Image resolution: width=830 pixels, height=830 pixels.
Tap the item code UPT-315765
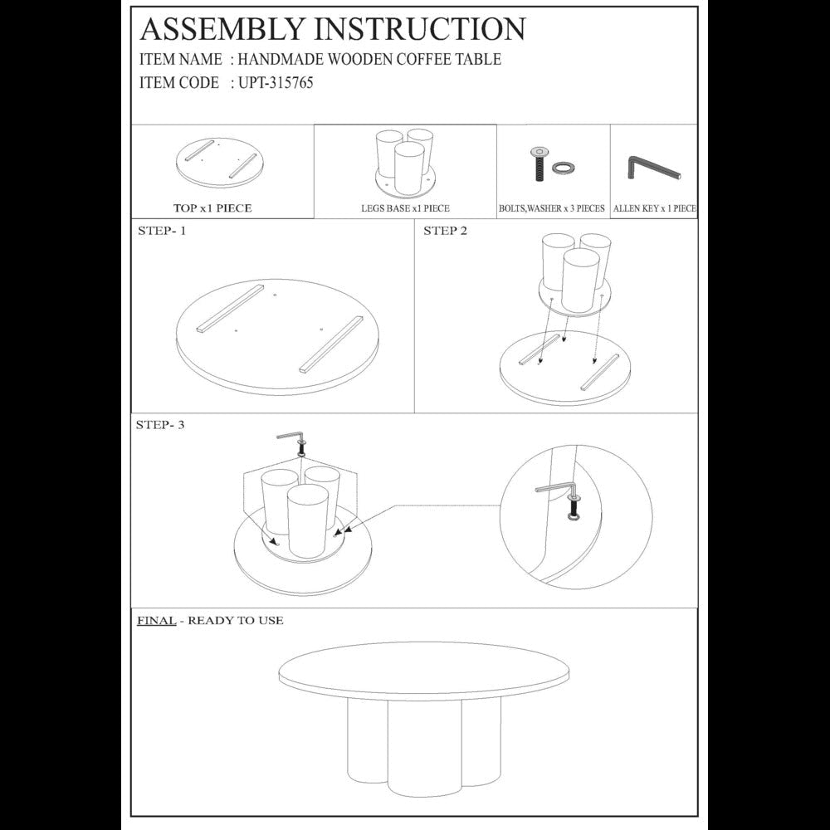[276, 82]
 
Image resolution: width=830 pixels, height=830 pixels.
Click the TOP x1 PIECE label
[212, 208]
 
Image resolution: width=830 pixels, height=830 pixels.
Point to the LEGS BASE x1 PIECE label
[405, 208]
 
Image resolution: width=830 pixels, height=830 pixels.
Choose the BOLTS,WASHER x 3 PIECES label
[552, 208]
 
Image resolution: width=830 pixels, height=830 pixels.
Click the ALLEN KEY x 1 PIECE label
[654, 208]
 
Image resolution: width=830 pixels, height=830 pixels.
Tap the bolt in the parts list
[539, 164]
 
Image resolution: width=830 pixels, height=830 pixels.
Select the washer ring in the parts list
[564, 168]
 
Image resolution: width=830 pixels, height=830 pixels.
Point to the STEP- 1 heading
[162, 231]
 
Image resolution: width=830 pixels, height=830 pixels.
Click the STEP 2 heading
[445, 231]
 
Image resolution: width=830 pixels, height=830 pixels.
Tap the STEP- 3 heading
[160, 424]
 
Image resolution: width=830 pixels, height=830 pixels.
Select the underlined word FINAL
[156, 620]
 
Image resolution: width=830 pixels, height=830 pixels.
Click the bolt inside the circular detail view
[573, 506]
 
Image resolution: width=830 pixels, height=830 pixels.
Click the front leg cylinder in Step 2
[581, 281]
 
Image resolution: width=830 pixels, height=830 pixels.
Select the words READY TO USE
[236, 620]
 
